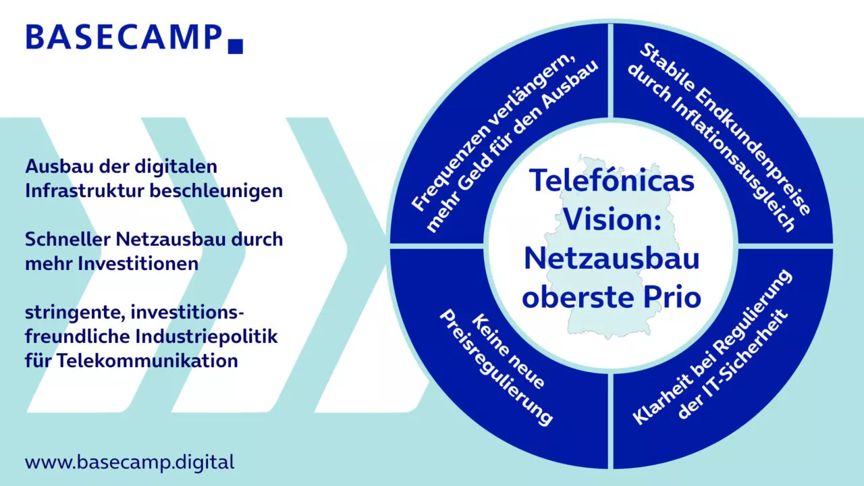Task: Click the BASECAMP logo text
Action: [124, 37]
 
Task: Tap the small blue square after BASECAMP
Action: [236, 47]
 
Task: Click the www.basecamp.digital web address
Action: [130, 462]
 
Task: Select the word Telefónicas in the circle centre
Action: [612, 180]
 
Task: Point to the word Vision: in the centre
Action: [612, 219]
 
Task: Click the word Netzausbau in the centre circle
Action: [612, 258]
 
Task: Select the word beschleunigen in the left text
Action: [216, 191]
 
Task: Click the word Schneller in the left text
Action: [67, 240]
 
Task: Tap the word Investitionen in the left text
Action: [138, 264]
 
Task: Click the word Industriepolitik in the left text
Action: [207, 337]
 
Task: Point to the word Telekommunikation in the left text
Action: [147, 361]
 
